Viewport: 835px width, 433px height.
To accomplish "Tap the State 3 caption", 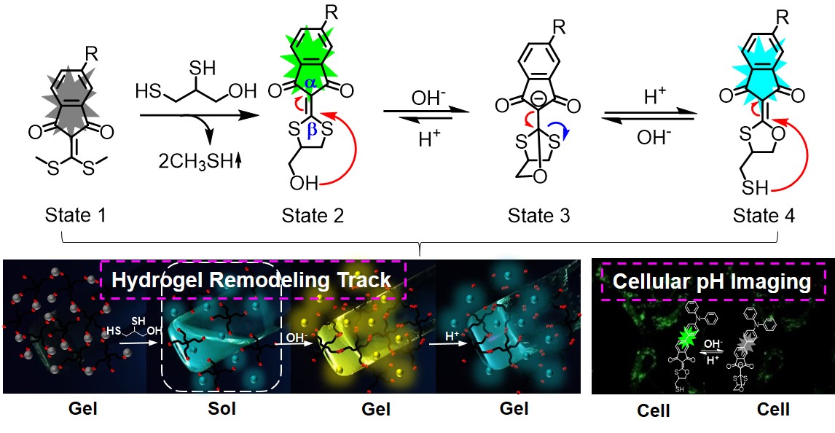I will [539, 215].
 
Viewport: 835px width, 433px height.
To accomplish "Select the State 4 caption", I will [765, 215].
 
